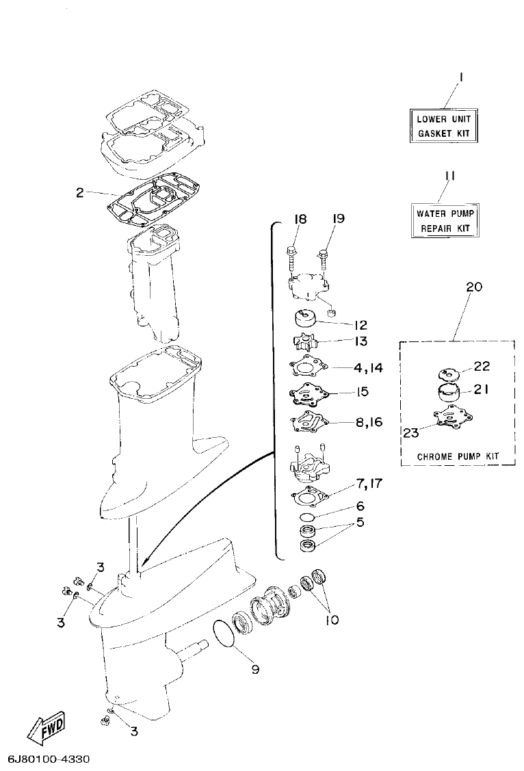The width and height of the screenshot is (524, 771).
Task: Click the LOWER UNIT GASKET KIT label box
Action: coord(443,126)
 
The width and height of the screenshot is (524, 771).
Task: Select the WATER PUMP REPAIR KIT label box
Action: coord(444,220)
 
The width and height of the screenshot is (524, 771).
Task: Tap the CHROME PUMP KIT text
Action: coord(458,456)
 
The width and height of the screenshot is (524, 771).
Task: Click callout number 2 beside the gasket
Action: coord(80,193)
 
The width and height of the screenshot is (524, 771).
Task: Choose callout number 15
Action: coord(362,392)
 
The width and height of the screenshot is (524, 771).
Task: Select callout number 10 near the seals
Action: coord(331,620)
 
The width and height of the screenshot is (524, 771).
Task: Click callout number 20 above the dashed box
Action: coord(473,287)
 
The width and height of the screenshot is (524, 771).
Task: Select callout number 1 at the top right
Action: coord(460,79)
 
